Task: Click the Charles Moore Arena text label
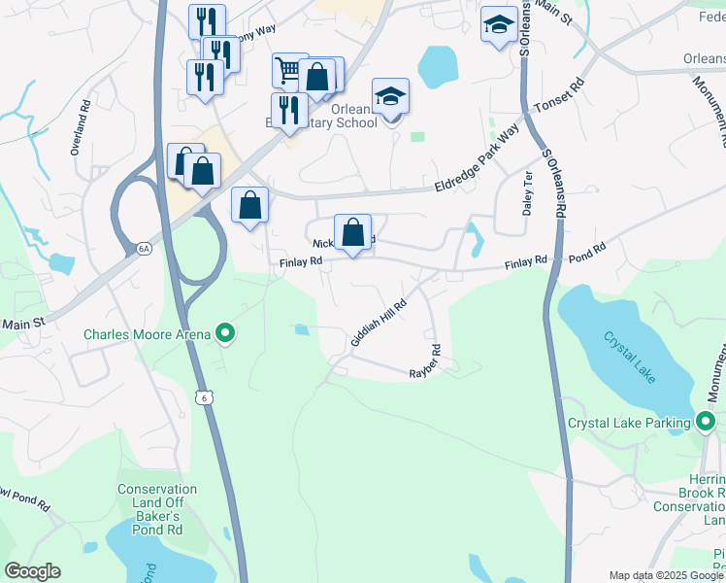147,334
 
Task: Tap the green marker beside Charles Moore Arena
226,334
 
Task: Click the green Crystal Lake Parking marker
706,422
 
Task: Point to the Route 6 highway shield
203,397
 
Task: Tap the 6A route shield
145,249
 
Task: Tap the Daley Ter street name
528,192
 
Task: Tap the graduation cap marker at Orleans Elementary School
390,97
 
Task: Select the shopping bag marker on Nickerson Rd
353,232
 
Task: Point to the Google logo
32,571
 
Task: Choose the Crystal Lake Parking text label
628,423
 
